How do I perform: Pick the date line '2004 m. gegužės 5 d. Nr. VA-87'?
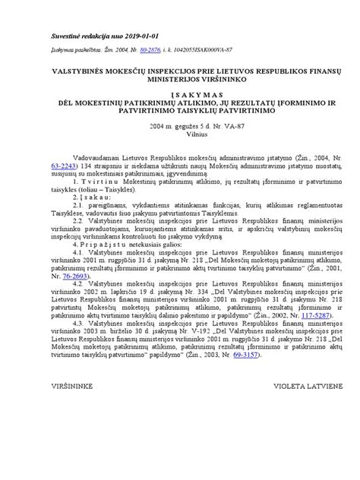[x=179, y=126]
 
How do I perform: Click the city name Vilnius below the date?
[x=179, y=134]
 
